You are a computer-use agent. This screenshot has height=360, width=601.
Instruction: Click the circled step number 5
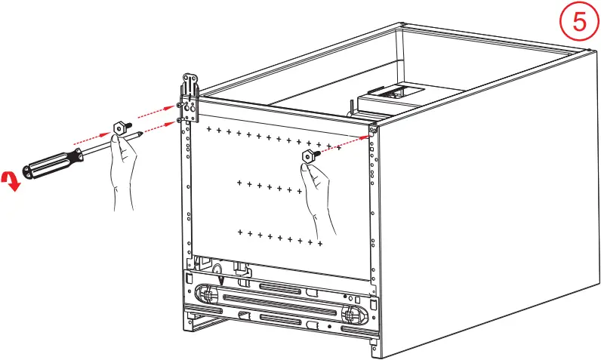578,21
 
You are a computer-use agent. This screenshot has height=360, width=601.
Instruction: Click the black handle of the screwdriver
48,162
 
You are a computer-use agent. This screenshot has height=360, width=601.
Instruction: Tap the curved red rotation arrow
11,180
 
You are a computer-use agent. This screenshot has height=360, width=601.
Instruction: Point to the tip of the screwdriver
144,134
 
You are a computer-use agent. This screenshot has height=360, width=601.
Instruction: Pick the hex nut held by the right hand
308,156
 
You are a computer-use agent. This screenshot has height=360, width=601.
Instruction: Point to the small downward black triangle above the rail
221,280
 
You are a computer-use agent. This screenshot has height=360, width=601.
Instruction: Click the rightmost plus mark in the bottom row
320,243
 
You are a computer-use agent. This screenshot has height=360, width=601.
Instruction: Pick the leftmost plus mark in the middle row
239,182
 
